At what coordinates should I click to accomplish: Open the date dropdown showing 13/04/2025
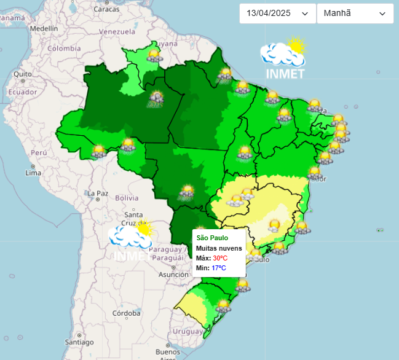click(x=277, y=14)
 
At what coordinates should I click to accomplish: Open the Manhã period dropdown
click(x=355, y=14)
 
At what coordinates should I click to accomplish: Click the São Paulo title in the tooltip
click(x=212, y=238)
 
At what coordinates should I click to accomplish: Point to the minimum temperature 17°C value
click(x=219, y=268)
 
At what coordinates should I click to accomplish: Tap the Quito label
click(x=22, y=74)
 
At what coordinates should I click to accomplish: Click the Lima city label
click(x=33, y=173)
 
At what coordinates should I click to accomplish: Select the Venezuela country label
click(x=116, y=31)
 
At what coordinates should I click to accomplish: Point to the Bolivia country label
click(x=127, y=198)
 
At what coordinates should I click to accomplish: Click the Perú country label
click(x=39, y=152)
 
